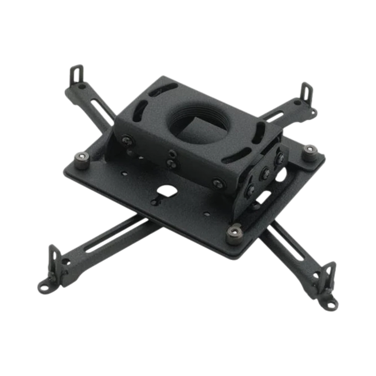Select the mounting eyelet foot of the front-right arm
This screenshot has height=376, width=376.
pyautogui.click(x=329, y=301)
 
